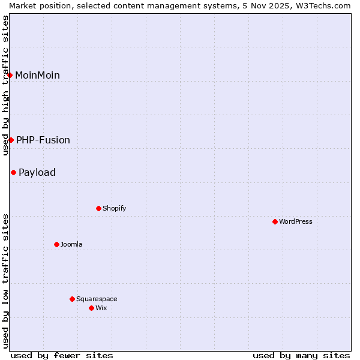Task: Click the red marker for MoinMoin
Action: [10, 75]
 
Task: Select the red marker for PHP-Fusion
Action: [11, 140]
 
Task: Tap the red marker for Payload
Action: [13, 172]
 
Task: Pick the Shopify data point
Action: [98, 208]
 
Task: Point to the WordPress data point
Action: [275, 221]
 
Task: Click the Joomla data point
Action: [56, 244]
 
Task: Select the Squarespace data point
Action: [72, 299]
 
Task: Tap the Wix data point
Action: [91, 308]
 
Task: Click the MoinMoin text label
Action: [37, 75]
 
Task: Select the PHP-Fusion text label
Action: [43, 140]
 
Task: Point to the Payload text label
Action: [37, 172]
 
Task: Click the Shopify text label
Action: [114, 208]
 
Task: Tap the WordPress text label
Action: [295, 221]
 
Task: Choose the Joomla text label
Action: [71, 244]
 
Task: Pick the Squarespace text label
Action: [97, 299]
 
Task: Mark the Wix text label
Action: [101, 308]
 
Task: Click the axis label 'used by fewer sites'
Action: [62, 355]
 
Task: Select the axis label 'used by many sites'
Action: [301, 355]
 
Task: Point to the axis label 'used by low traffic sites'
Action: [5, 280]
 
